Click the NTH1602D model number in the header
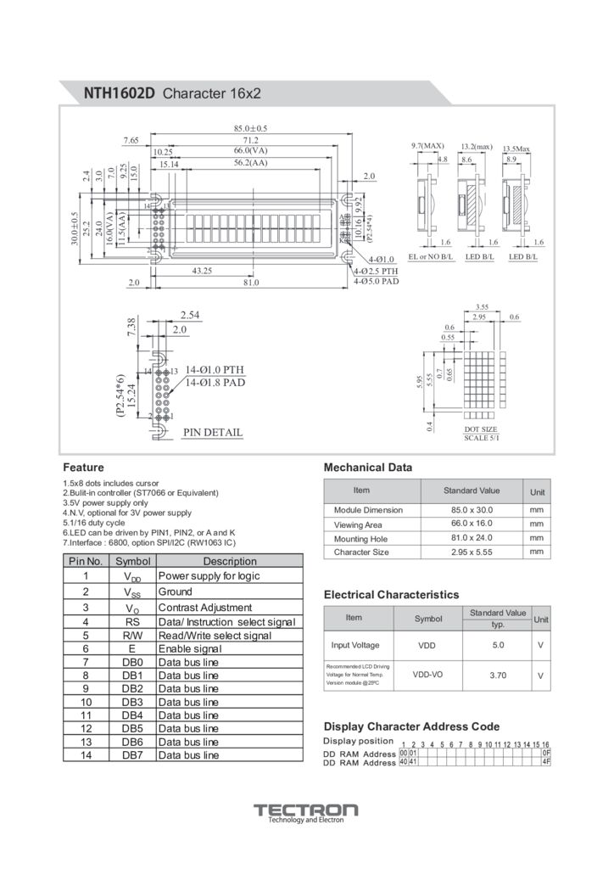(x=119, y=93)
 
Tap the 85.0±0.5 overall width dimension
(x=250, y=128)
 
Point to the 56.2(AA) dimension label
(x=250, y=163)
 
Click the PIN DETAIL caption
(x=213, y=433)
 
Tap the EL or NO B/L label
(x=431, y=256)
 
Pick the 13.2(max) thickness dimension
(x=477, y=147)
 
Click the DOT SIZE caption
(x=481, y=429)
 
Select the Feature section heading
(x=83, y=467)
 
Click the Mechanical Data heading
(x=368, y=467)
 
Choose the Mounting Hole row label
(x=360, y=538)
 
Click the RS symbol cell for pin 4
(x=131, y=622)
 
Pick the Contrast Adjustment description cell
(x=205, y=608)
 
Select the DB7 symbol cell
(x=132, y=754)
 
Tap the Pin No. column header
(x=85, y=561)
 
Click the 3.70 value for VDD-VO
(x=498, y=676)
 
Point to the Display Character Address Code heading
(x=411, y=726)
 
